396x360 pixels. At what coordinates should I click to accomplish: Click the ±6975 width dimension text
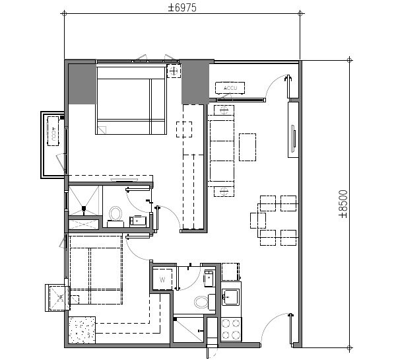tap(182, 7)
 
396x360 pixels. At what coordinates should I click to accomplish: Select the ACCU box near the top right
tap(230, 88)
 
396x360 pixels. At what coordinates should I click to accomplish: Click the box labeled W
tap(162, 279)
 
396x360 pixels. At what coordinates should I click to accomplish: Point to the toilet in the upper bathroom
tap(116, 213)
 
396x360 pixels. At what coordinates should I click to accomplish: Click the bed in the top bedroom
tap(131, 99)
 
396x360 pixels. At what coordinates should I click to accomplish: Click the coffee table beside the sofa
tap(247, 147)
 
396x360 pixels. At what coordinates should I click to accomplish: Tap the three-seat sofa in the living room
tap(222, 151)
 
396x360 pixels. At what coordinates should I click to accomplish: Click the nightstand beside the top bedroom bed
tap(174, 71)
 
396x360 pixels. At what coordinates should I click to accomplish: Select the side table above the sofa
tap(224, 110)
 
